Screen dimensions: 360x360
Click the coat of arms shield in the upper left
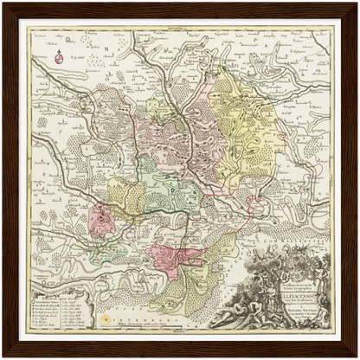point(59,59)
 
